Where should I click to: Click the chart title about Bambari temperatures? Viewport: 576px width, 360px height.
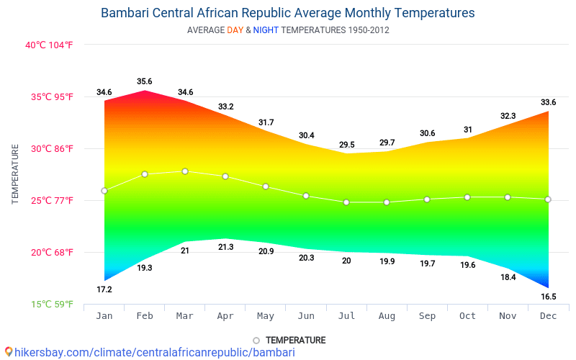click(x=287, y=13)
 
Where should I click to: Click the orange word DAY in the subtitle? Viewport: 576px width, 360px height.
click(x=235, y=30)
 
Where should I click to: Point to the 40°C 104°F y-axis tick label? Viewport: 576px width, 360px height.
click(x=49, y=45)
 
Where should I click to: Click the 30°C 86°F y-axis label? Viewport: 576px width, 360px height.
click(x=49, y=148)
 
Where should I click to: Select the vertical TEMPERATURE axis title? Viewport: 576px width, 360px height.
click(x=15, y=174)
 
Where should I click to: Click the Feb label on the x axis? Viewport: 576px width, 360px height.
click(x=145, y=316)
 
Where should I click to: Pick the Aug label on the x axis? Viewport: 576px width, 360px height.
click(x=387, y=316)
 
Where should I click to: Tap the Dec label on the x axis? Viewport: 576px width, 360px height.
click(x=548, y=316)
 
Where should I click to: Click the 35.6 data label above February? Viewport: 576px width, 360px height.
click(x=145, y=81)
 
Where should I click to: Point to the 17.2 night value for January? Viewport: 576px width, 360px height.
click(x=104, y=289)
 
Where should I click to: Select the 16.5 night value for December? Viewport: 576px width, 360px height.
click(x=548, y=296)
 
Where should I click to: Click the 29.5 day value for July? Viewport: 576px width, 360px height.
click(x=346, y=145)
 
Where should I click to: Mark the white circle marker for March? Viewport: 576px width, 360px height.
click(x=185, y=171)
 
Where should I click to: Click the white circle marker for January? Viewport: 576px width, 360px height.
click(x=104, y=191)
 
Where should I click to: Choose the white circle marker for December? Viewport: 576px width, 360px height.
click(x=548, y=199)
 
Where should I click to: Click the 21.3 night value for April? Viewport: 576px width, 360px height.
click(x=225, y=247)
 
